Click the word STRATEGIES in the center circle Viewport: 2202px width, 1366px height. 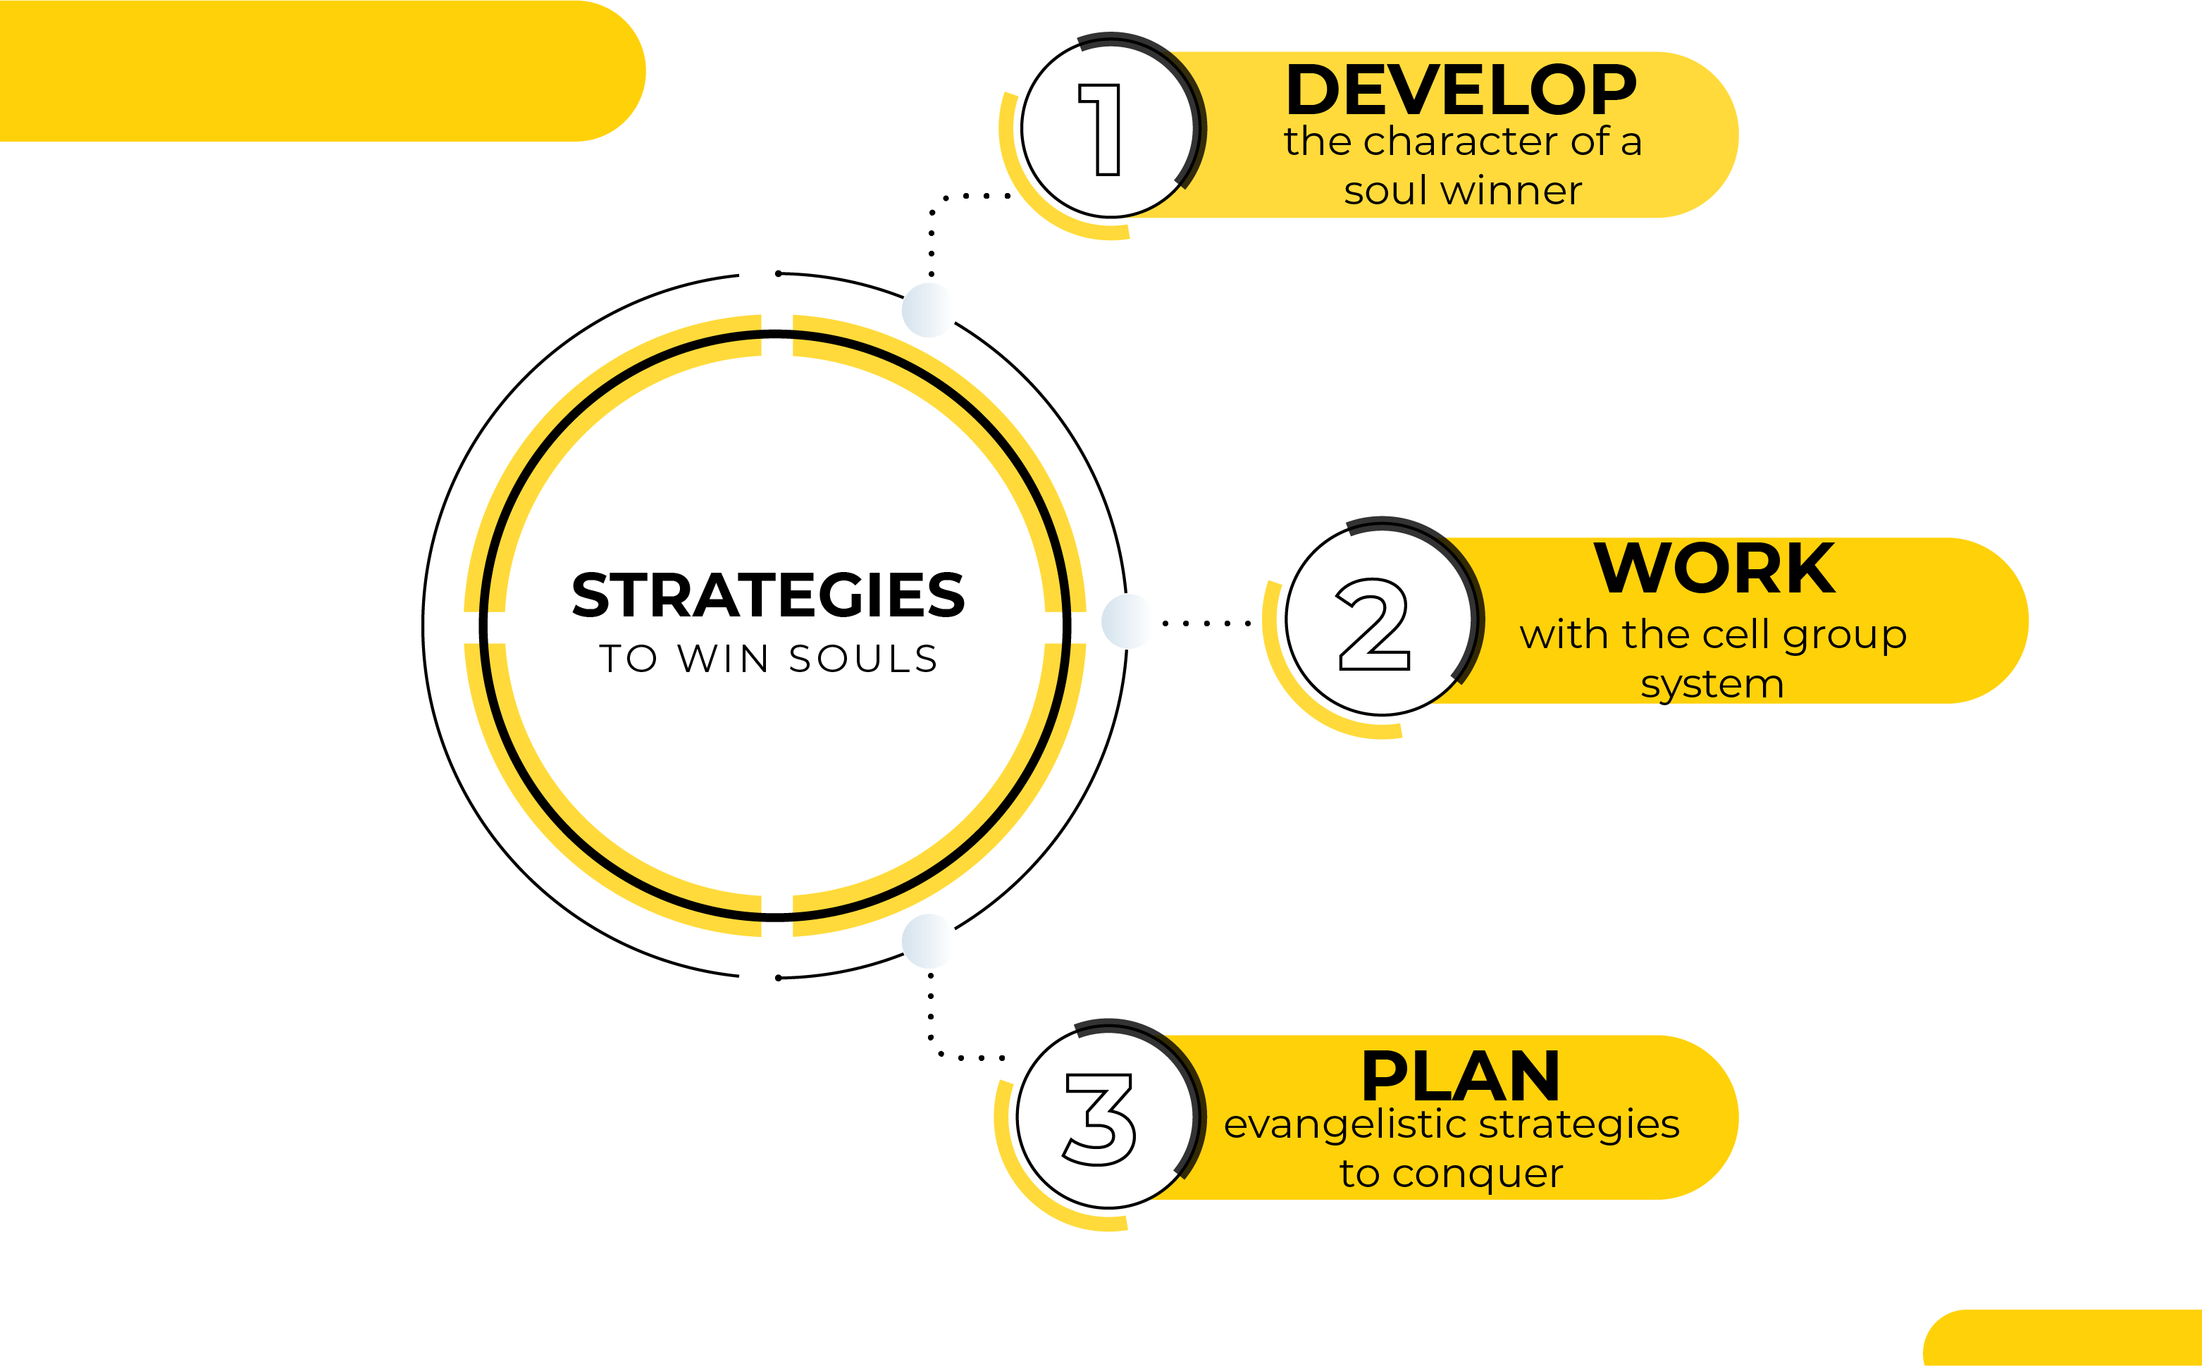click(768, 595)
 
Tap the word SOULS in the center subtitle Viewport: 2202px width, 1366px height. click(863, 659)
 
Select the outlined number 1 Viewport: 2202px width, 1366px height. click(1100, 129)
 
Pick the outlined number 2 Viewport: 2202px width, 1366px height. click(1373, 623)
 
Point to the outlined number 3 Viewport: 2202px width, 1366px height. click(1098, 1119)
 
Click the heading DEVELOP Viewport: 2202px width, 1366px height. click(1461, 89)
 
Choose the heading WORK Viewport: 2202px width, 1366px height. click(1714, 569)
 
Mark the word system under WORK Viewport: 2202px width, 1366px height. click(1712, 685)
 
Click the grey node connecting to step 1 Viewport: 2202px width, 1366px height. click(928, 310)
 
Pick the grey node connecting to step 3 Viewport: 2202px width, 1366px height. click(928, 941)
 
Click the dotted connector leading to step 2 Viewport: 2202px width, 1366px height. click(1206, 623)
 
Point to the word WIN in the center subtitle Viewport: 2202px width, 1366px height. click(723, 659)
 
